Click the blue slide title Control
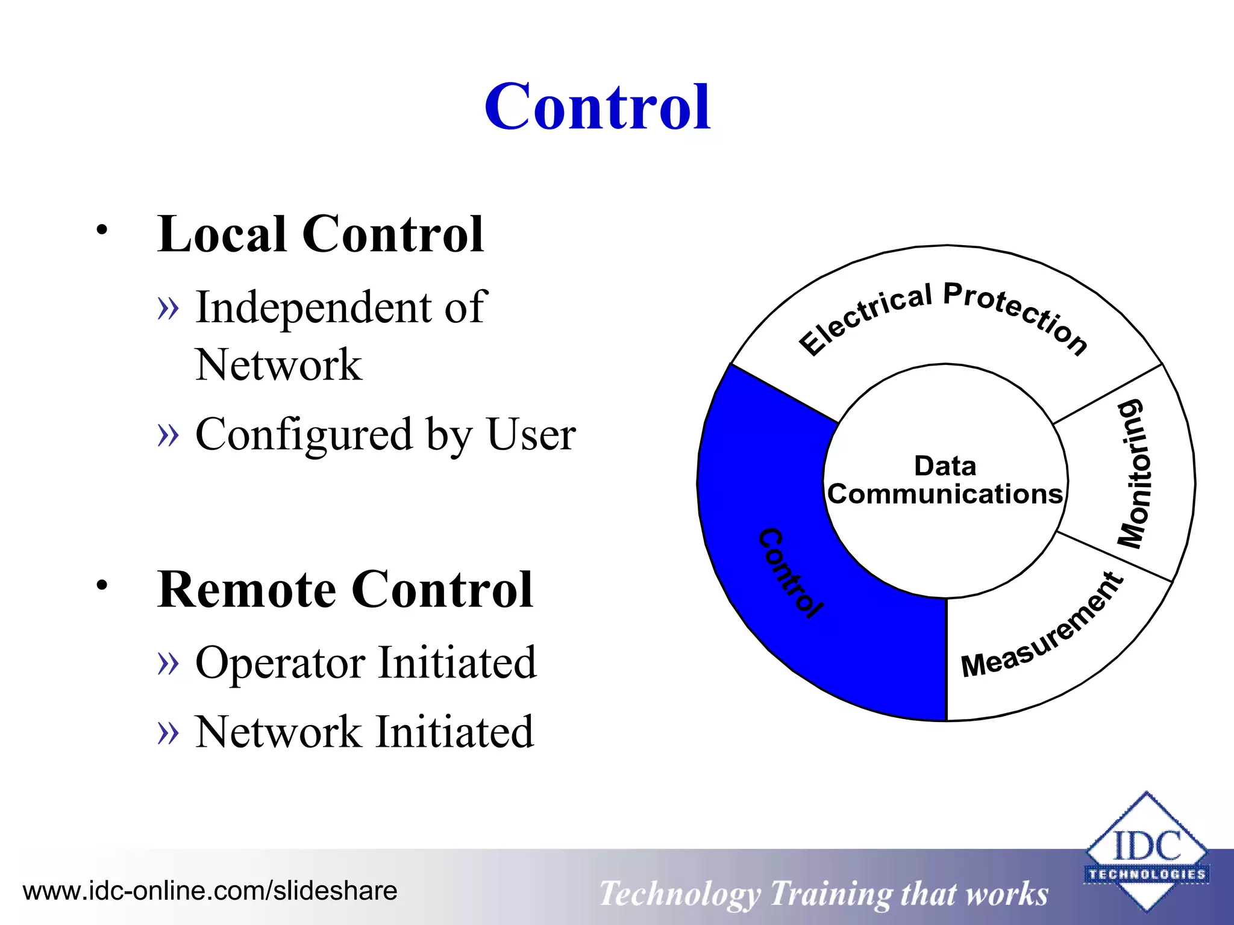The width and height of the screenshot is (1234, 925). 597,107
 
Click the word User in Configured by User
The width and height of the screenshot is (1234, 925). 531,434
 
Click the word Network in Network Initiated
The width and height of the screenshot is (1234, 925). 277,732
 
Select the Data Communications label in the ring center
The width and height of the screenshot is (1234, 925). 945,480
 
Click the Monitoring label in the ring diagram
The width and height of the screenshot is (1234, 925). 1135,475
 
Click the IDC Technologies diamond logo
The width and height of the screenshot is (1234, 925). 1146,852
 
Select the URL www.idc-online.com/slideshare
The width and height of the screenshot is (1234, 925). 210,891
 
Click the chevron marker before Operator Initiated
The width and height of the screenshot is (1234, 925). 168,663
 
